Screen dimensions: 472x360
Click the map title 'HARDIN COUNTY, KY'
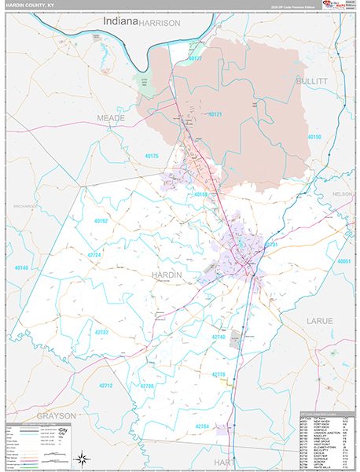pyautogui.click(x=31, y=6)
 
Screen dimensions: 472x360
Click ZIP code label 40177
pyautogui.click(x=194, y=59)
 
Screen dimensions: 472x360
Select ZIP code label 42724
pyautogui.click(x=94, y=256)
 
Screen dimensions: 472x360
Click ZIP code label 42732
pyautogui.click(x=101, y=333)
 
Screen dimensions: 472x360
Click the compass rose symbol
pyautogui.click(x=80, y=458)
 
